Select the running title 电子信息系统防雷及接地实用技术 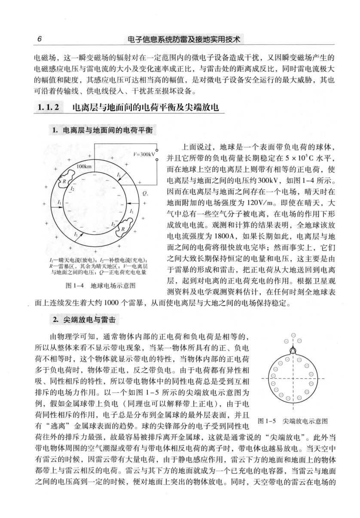tap(180, 40)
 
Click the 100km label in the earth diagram tap(84, 166)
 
